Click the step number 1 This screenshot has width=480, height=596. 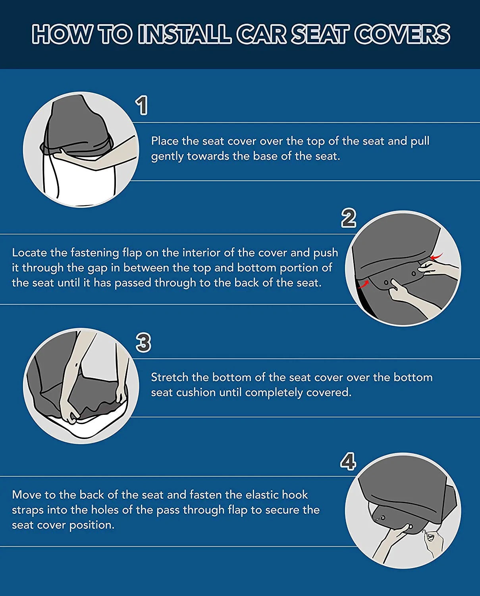(142, 106)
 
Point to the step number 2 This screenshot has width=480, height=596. (349, 218)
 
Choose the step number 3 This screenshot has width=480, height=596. (143, 343)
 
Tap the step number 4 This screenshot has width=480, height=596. (348, 462)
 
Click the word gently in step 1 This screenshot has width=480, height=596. (168, 156)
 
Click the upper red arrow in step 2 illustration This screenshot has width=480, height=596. (436, 257)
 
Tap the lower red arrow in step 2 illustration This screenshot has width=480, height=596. (363, 284)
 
